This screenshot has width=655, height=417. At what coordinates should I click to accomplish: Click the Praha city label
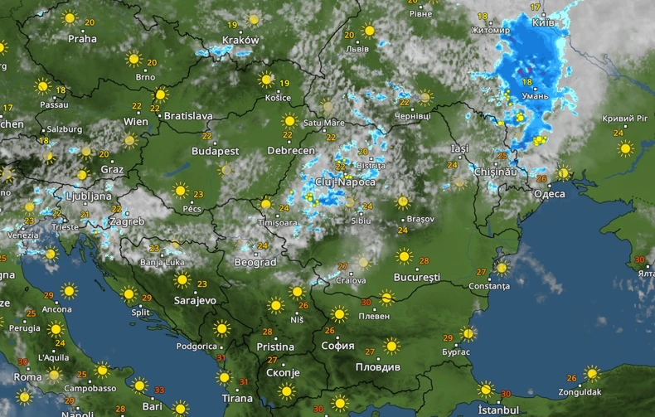click(82, 38)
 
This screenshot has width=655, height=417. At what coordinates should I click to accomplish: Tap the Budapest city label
click(215, 152)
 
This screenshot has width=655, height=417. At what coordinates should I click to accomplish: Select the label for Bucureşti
click(416, 276)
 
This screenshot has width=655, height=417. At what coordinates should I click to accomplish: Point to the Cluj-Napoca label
click(345, 182)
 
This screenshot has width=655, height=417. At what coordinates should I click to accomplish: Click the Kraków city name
click(240, 40)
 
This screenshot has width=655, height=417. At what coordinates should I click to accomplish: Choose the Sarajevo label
click(196, 301)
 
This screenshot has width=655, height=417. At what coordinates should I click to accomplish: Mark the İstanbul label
click(498, 410)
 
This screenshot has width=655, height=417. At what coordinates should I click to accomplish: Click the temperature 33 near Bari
click(158, 390)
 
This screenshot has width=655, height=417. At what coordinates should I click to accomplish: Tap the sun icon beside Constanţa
click(501, 268)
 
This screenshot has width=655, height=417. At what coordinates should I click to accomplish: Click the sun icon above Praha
click(70, 18)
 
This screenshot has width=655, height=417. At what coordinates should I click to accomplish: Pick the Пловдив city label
click(377, 366)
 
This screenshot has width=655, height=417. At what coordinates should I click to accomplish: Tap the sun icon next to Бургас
click(468, 334)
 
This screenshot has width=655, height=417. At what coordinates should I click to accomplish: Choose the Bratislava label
click(188, 116)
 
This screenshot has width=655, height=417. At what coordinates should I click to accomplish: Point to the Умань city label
click(535, 96)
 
